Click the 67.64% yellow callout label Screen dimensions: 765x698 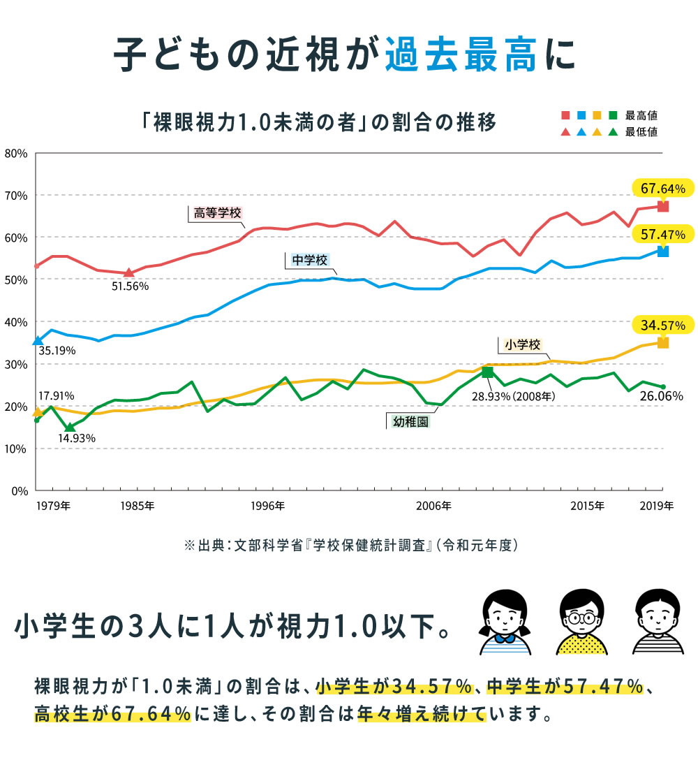(662, 189)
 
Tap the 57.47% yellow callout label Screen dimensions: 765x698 (662, 233)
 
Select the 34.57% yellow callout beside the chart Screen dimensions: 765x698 (662, 324)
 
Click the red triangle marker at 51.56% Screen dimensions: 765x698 (128, 272)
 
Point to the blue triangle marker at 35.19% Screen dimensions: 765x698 (38, 340)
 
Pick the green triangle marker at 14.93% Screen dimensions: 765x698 (69, 427)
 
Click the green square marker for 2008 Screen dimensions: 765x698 (487, 372)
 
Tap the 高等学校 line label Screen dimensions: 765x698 (213, 213)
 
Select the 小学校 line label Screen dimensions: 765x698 (521, 344)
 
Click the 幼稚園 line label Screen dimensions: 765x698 (409, 421)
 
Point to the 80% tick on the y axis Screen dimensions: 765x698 (15, 153)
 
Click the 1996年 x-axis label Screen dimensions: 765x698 (269, 506)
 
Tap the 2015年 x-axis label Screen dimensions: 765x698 (586, 506)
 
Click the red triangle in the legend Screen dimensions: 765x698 (565, 131)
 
